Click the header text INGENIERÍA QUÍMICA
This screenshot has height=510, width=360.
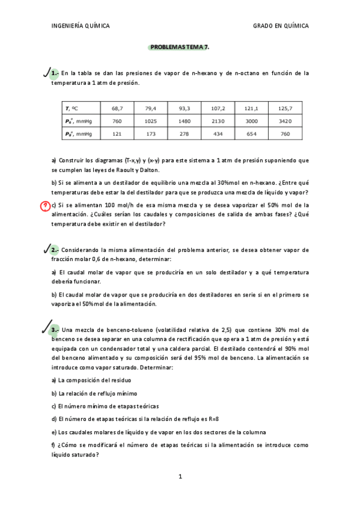click(x=81, y=26)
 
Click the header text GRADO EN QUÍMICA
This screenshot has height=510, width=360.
click(x=281, y=26)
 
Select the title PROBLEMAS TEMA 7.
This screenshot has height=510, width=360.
click(x=180, y=46)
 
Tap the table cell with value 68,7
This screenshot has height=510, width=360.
click(x=117, y=108)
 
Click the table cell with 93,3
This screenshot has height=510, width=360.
click(x=185, y=108)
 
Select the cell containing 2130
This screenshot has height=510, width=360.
click(x=218, y=121)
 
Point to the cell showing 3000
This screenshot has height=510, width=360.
click(x=251, y=121)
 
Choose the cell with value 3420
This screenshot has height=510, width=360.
click(x=285, y=121)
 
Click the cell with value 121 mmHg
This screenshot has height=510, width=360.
click(x=117, y=134)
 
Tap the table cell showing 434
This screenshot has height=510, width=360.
click(x=218, y=134)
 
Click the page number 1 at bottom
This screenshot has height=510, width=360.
click(x=180, y=476)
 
